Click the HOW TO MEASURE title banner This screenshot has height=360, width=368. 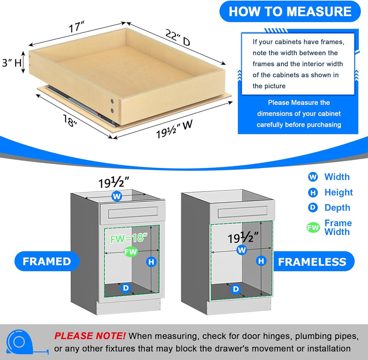pos(290,11)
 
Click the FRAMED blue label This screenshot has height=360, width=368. pos(47,261)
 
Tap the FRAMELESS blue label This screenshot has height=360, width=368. pos(312,262)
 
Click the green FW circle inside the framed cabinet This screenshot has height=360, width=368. pos(131,252)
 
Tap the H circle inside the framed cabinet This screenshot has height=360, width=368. pos(151,262)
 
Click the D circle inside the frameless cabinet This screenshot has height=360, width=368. pos(235,289)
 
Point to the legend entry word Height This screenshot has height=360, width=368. pos(338,192)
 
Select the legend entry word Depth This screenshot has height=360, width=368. pos(337,208)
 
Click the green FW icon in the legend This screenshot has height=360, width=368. pos(313,228)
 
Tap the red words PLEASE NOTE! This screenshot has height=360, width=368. pos(90,336)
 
